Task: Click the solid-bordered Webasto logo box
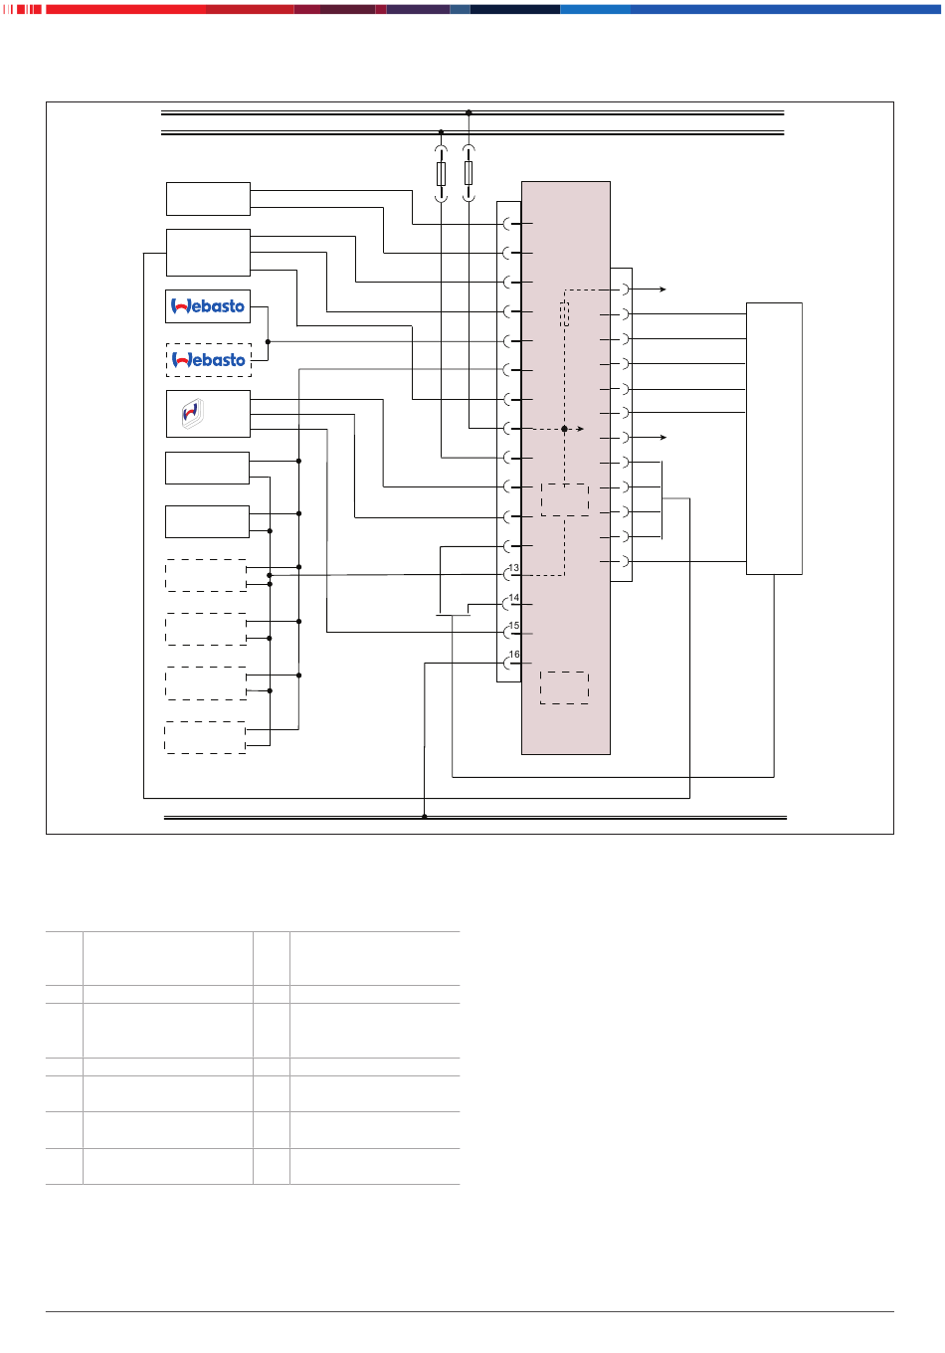click(x=208, y=306)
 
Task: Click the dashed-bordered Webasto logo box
click(x=208, y=360)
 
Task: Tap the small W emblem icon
click(x=193, y=413)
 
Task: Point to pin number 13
click(x=514, y=568)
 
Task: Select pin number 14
click(x=514, y=597)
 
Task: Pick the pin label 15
click(x=514, y=626)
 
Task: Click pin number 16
click(x=514, y=655)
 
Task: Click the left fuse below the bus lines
click(x=441, y=174)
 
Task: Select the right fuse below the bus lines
click(x=469, y=173)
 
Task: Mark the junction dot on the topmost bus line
click(x=469, y=113)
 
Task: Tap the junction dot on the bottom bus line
click(x=424, y=817)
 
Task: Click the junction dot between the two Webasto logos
click(x=269, y=342)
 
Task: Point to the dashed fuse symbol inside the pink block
click(x=565, y=313)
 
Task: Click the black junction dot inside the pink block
click(x=565, y=429)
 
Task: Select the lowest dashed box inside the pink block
click(x=565, y=688)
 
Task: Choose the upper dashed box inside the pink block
click(x=565, y=499)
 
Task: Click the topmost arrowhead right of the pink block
click(x=663, y=290)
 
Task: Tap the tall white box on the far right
click(x=774, y=439)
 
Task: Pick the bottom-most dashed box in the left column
click(x=205, y=737)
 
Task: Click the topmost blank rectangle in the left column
click(x=208, y=199)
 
